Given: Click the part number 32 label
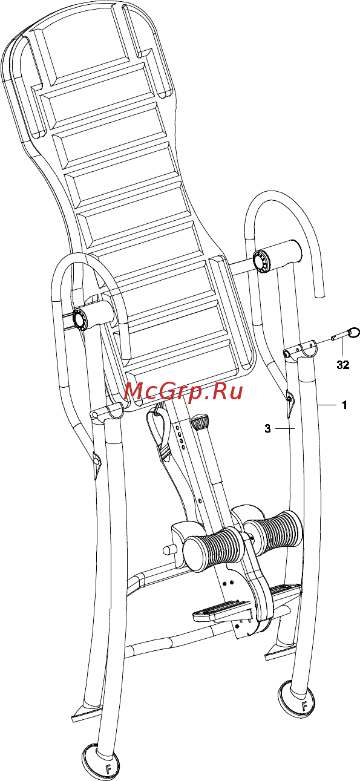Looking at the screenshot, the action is (x=342, y=365).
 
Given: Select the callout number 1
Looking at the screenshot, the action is (x=344, y=405).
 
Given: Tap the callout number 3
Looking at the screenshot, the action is (x=267, y=428).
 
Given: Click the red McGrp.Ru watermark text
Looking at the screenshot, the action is (x=183, y=392).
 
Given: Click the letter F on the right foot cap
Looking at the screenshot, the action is (x=304, y=696).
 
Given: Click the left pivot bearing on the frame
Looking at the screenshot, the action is (x=80, y=318).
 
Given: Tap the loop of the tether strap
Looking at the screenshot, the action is (x=158, y=430).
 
